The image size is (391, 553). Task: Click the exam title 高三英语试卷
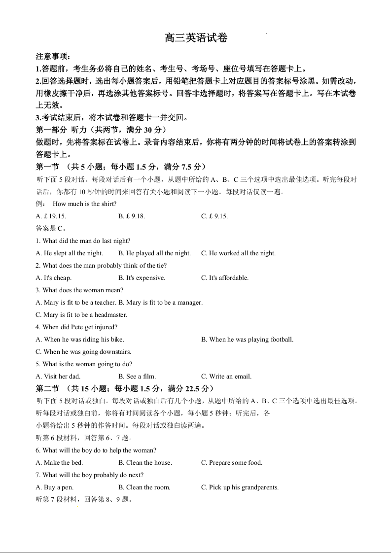coord(196,38)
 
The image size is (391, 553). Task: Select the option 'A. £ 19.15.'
coord(51,216)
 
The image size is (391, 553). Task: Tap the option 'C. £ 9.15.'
coord(214,216)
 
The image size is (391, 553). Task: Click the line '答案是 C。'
coord(51,228)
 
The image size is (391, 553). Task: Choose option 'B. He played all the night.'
coord(154,253)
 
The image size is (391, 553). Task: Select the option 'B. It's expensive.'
coord(142,277)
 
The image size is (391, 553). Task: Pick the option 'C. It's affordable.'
coord(224,277)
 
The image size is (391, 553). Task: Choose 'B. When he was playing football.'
coord(247,339)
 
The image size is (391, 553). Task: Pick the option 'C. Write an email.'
coord(226,376)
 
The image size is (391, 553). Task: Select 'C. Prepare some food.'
coord(231,462)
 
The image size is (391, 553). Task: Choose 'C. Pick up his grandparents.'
coord(240,487)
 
